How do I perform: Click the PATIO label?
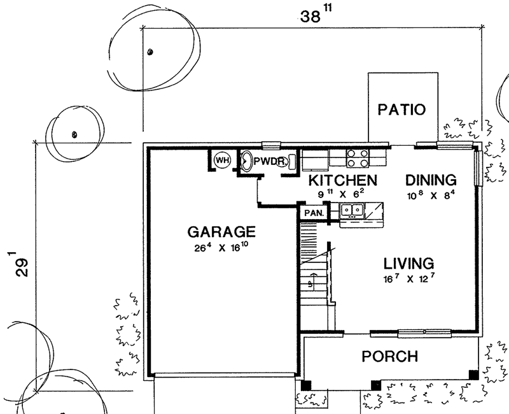pos(401,110)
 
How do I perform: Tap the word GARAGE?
pos(221,232)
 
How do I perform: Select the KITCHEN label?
pos(343,180)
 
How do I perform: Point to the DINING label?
pos(431,180)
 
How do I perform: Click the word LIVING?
pos(408,264)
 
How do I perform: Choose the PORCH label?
pos(390,357)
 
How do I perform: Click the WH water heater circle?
pos(222,161)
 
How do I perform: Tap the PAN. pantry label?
pos(314,213)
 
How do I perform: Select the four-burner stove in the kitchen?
pos(358,158)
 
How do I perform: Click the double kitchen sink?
pos(352,210)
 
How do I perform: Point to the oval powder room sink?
pos(247,161)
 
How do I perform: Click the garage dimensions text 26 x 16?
pos(221,247)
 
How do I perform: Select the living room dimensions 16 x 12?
pos(408,278)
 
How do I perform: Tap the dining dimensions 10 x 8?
pos(431,195)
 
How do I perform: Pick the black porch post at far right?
pos(473,375)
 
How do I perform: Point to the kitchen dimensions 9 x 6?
pos(341,194)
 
